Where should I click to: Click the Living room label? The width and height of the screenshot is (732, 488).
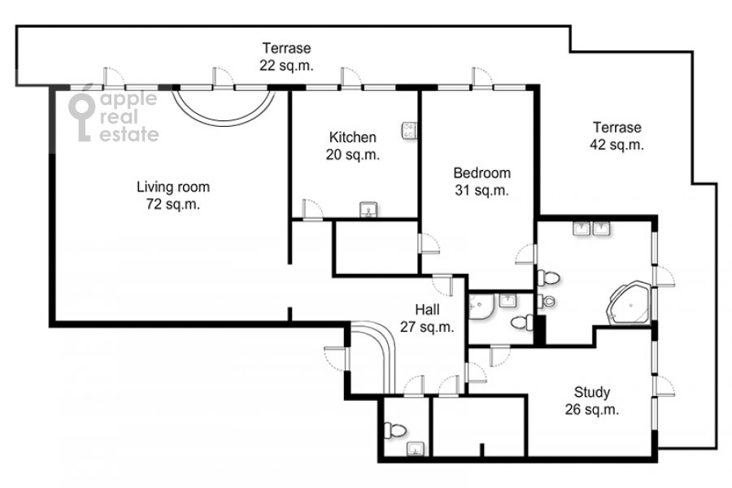(173, 187)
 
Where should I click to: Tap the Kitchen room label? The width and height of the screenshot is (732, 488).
(352, 137)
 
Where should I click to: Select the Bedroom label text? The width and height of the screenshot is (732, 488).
(481, 173)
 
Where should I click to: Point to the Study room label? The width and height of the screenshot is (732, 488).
(592, 392)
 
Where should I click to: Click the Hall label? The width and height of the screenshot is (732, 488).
(427, 310)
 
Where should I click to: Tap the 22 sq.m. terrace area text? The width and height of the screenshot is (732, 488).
(286, 65)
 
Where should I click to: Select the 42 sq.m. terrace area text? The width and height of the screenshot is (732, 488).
(617, 145)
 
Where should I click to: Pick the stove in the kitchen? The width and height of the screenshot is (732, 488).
(409, 130)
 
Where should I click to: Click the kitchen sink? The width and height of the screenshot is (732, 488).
(368, 210)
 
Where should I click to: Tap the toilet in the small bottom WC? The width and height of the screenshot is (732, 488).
(394, 430)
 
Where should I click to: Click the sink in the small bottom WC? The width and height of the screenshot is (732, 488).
(415, 449)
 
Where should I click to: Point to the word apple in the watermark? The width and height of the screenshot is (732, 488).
(129, 99)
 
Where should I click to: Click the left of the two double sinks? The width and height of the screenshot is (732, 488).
(582, 229)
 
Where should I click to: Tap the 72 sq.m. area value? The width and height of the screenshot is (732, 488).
(173, 204)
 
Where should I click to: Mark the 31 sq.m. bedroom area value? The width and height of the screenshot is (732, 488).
(481, 191)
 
